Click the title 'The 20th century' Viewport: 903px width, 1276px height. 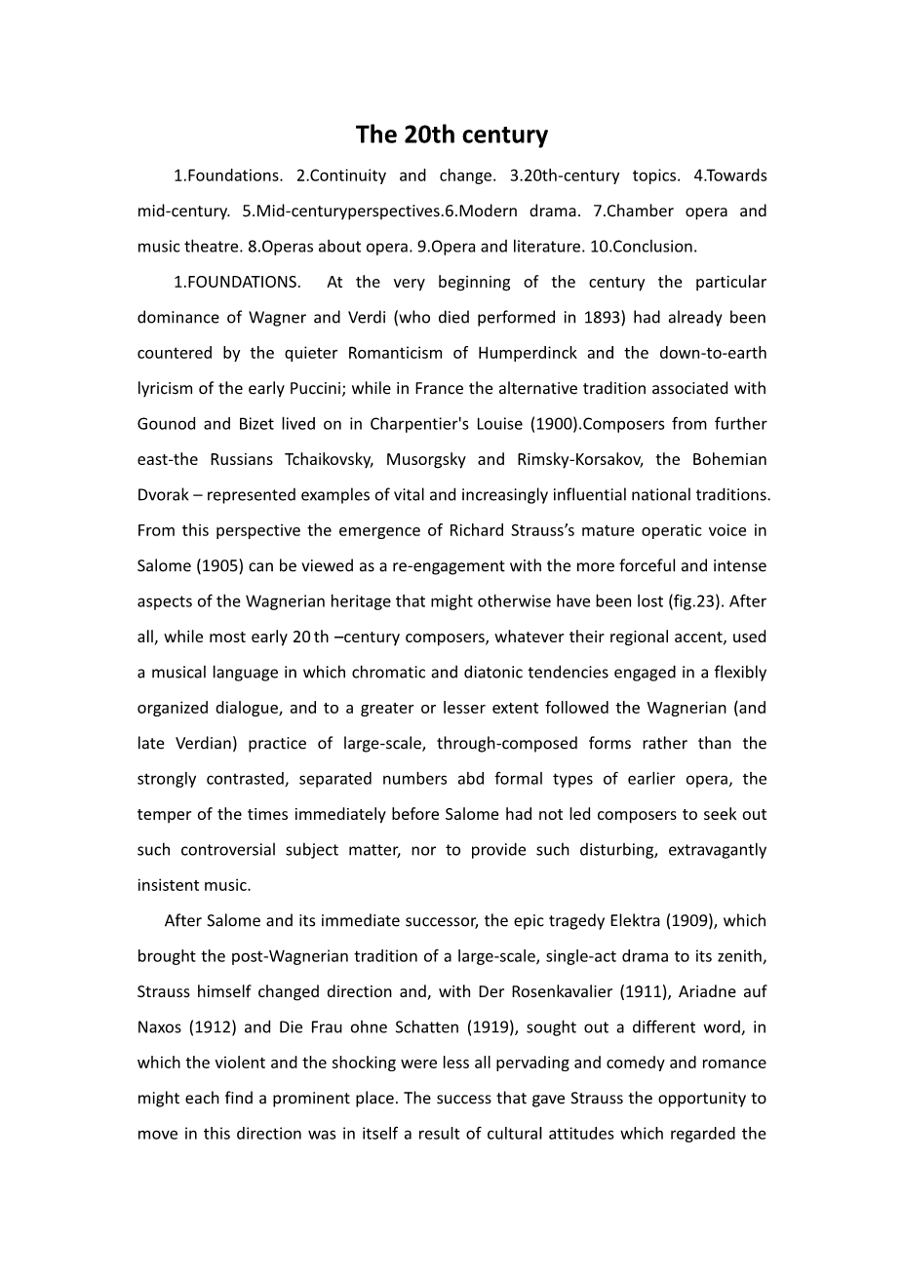(x=451, y=135)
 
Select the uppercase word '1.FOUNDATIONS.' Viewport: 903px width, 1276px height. (x=237, y=283)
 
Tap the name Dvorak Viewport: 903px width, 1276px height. (x=162, y=495)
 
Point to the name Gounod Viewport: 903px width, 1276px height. (x=167, y=424)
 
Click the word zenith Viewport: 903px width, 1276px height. (x=740, y=956)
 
